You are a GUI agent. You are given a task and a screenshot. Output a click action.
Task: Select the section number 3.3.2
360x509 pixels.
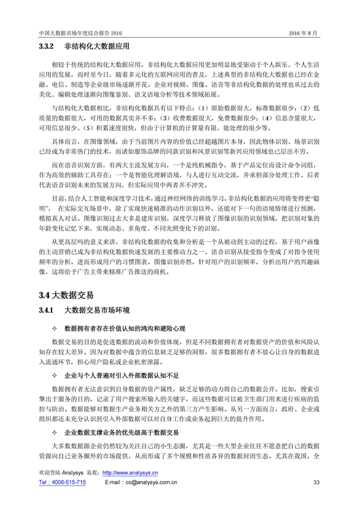tap(47, 46)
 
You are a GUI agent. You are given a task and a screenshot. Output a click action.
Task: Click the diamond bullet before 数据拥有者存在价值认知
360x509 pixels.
tap(55, 330)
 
